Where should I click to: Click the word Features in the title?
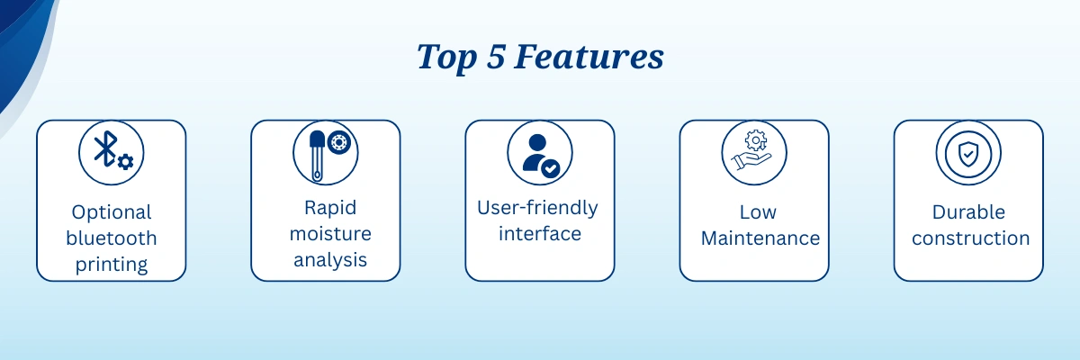[x=589, y=57]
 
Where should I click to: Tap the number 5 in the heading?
[x=496, y=57]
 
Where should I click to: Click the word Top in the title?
[x=446, y=58]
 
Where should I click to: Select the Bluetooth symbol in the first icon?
[x=105, y=148]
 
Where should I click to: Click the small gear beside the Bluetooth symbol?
[x=125, y=162]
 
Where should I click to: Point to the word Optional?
[x=112, y=212]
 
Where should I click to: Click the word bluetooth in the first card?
[x=112, y=238]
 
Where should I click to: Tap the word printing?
[x=112, y=265]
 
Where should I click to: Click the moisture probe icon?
[x=317, y=155]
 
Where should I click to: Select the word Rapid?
[x=330, y=208]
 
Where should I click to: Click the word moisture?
[x=330, y=234]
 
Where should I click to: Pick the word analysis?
[x=330, y=260]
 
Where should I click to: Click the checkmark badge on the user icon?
[x=551, y=168]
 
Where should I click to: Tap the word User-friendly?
[x=537, y=208]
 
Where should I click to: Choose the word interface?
[x=540, y=234]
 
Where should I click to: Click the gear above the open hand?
[x=755, y=140]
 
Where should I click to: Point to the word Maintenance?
[x=760, y=238]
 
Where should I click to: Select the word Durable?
[x=968, y=212]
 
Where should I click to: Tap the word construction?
[x=970, y=238]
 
